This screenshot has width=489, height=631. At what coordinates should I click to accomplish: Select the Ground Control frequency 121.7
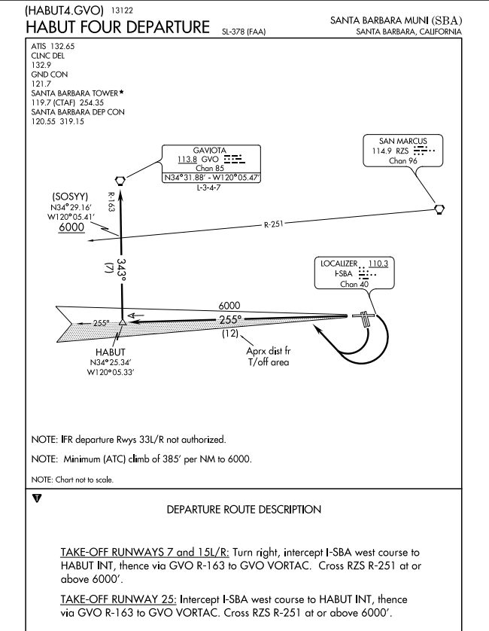[x=41, y=84]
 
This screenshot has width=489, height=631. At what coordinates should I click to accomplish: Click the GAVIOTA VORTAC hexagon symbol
[x=120, y=180]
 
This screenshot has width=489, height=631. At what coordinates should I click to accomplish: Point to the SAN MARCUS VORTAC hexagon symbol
[x=439, y=209]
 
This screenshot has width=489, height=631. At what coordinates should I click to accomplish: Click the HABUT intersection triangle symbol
[x=122, y=322]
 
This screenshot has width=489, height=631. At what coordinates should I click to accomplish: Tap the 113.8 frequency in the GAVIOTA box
[x=188, y=160]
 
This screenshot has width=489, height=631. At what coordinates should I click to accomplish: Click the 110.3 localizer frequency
[x=379, y=264]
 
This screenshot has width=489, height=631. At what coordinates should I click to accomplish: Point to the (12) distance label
[x=231, y=334]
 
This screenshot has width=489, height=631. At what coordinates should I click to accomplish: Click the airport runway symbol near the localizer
[x=364, y=319]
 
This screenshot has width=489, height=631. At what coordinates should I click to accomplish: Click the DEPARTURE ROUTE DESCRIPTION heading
[x=244, y=510]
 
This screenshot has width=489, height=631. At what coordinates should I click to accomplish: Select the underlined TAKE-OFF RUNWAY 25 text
[x=119, y=599]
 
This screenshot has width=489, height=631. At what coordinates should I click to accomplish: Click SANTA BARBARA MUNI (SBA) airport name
[x=396, y=20]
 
